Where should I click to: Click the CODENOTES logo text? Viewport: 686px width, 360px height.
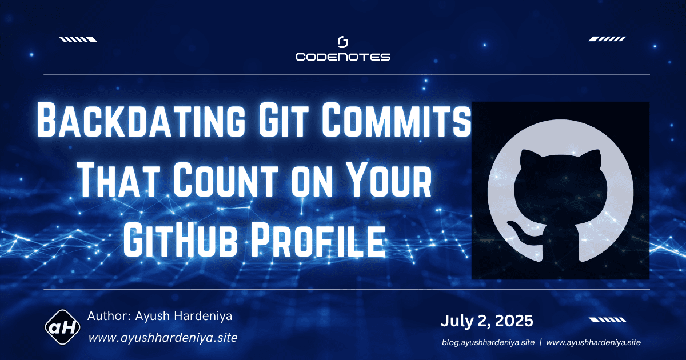pos(342,57)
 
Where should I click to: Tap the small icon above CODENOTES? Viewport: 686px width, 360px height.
pos(343,42)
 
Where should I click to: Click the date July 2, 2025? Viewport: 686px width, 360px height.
pos(486,321)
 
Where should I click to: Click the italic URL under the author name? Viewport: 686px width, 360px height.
pos(162,337)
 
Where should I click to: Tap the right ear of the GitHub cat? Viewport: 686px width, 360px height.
pos(596,157)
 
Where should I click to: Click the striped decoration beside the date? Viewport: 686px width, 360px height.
pos(607,320)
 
